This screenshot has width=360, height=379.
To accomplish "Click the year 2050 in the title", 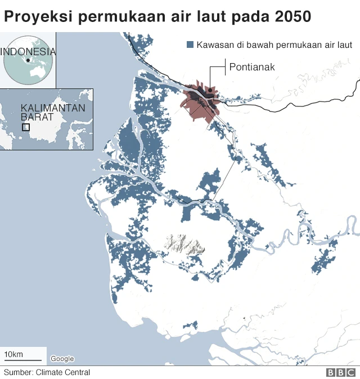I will (x=292, y=16).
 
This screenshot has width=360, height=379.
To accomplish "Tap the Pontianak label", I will (x=251, y=68).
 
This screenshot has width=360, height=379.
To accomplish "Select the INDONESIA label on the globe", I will (x=28, y=51).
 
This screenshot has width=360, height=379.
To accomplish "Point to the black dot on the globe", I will (x=28, y=60).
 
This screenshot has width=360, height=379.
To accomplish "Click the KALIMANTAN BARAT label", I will (x=45, y=112).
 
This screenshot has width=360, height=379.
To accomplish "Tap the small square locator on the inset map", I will (x=26, y=127).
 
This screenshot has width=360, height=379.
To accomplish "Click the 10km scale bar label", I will (x=13, y=354).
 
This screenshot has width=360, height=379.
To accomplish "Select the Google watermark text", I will (x=62, y=359).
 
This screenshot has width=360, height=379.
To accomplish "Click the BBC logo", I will (x=340, y=372).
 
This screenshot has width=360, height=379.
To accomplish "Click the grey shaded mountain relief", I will (x=183, y=243).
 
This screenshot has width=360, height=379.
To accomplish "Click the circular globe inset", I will (x=28, y=61).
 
